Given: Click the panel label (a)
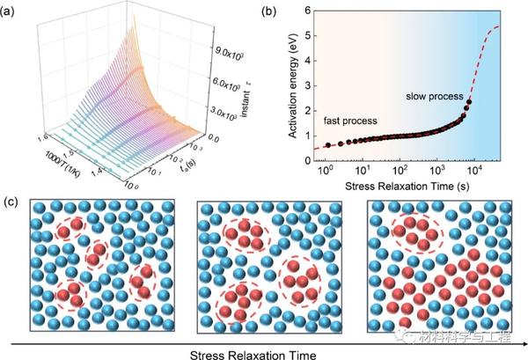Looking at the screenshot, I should pos(10,11).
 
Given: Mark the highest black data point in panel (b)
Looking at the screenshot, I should pos(469,102).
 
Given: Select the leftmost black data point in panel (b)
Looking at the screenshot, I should pos(328,145).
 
